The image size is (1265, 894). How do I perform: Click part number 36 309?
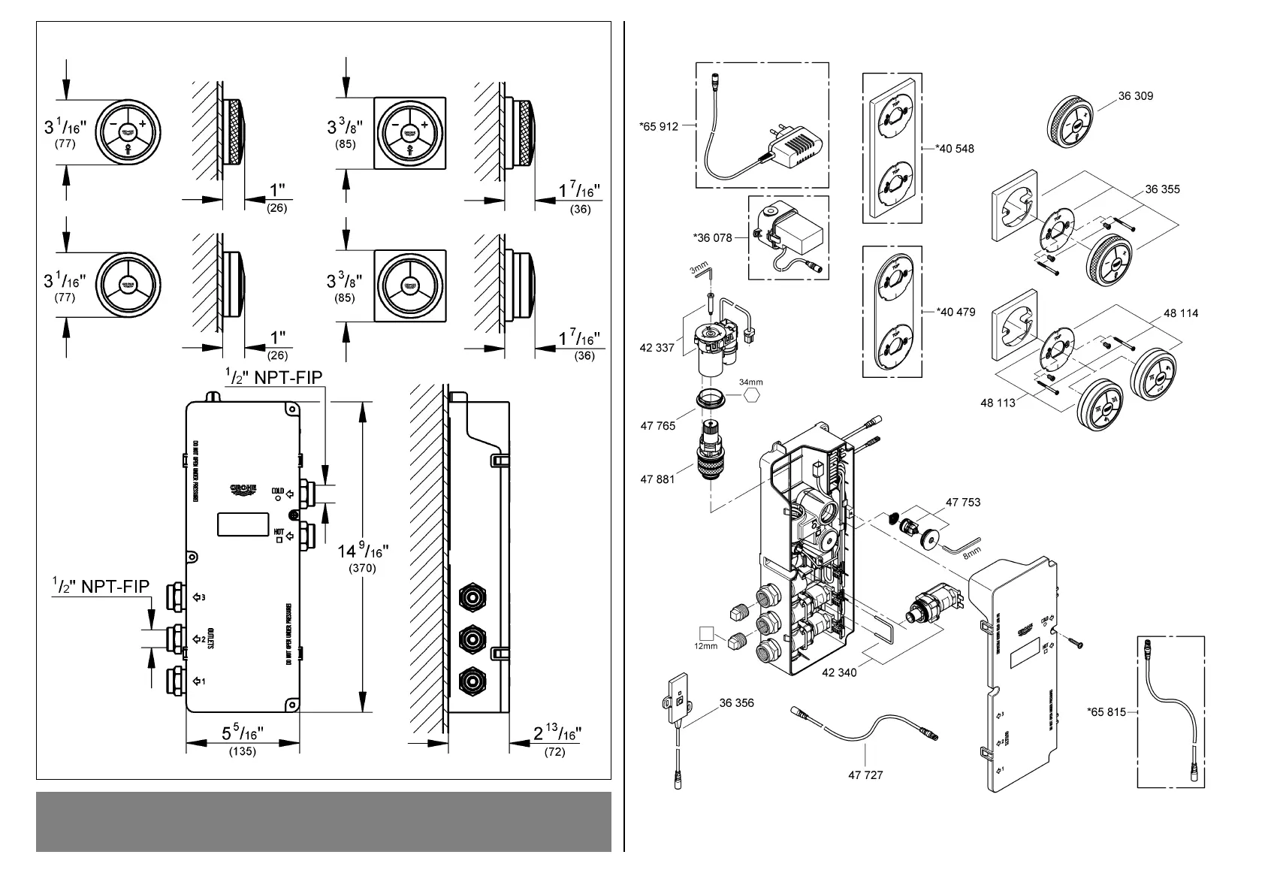[x=1135, y=96]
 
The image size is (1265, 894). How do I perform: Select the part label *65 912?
[x=659, y=126]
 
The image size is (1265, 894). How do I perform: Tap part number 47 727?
[x=865, y=775]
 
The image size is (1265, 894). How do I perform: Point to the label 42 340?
[x=838, y=672]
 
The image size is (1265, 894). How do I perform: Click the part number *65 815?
[x=1106, y=712]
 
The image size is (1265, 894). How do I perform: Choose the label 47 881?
[x=657, y=479]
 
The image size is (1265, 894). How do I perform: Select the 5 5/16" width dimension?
[x=243, y=733]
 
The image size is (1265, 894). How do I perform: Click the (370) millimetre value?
[x=362, y=569]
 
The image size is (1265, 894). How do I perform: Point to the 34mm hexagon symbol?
[x=750, y=396]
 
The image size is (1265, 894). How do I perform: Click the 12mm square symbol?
[x=705, y=632]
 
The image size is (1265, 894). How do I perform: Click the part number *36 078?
[x=712, y=237]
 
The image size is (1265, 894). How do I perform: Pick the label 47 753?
[x=962, y=502]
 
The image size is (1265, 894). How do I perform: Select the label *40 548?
[x=955, y=149]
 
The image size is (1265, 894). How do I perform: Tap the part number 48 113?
[x=998, y=403]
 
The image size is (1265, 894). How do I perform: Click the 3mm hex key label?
[x=699, y=266]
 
